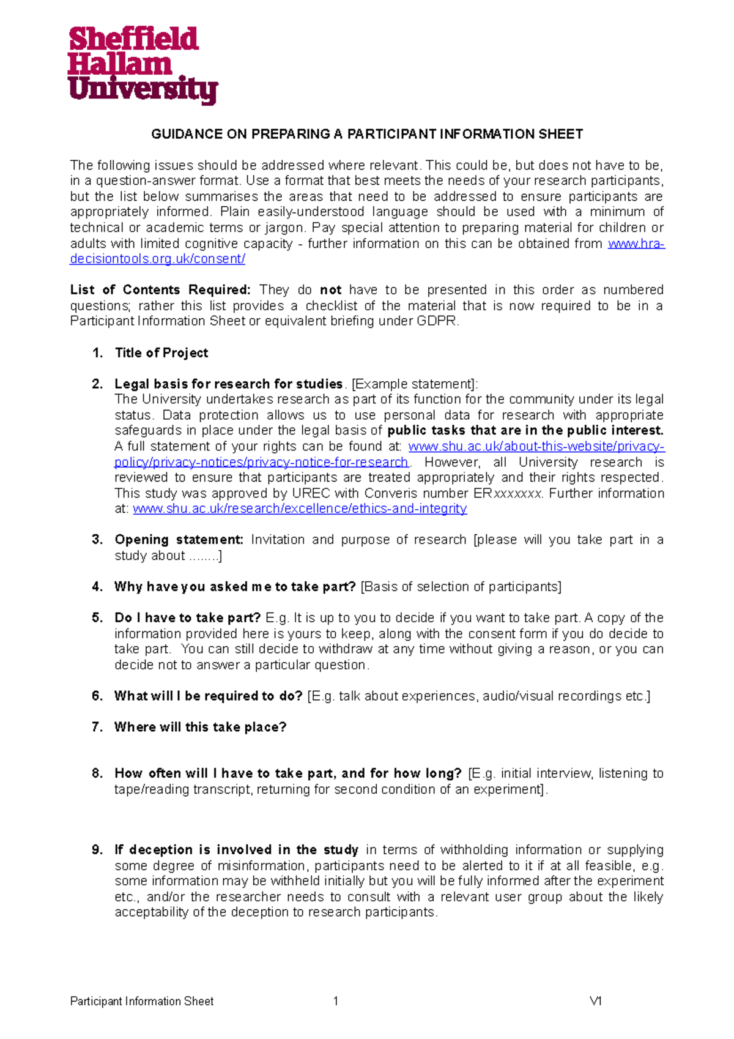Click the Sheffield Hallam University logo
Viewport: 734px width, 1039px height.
tap(142, 65)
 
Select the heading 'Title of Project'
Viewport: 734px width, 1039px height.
tap(161, 353)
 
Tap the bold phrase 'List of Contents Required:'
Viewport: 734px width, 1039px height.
tap(160, 290)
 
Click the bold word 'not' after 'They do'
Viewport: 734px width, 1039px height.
tap(331, 290)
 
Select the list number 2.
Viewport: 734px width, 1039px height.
tap(97, 384)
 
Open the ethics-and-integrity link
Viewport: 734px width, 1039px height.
tap(300, 509)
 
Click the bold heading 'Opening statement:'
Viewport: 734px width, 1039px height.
tap(179, 540)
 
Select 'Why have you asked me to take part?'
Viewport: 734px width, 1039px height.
tap(235, 587)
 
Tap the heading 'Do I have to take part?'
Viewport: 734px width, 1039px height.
tap(187, 618)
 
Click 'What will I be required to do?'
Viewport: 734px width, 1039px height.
tap(208, 696)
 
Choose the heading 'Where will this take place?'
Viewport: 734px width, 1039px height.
tap(200, 728)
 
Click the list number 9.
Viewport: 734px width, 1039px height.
tap(97, 850)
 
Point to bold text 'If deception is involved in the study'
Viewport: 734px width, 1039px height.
tap(236, 850)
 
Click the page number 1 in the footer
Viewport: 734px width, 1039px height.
tap(336, 1002)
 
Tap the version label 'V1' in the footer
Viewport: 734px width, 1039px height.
tap(595, 1002)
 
